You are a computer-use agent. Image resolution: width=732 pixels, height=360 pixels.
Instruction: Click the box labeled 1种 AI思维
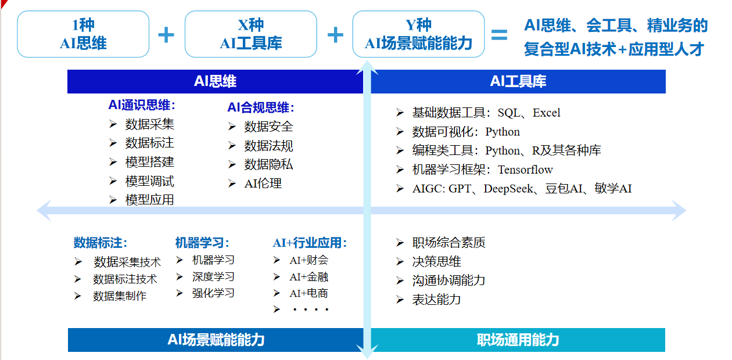point(83,34)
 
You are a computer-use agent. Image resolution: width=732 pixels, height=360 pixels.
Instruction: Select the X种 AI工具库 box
point(250,34)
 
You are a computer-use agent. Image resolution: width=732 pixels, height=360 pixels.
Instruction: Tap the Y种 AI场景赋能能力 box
point(418,34)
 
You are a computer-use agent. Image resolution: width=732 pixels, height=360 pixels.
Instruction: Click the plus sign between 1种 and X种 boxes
point(166,35)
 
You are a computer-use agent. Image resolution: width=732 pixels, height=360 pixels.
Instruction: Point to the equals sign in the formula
point(500,35)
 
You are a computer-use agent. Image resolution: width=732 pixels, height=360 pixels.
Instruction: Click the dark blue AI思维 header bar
point(215,81)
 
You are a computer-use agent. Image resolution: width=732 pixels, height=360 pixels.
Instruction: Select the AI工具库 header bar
point(518,81)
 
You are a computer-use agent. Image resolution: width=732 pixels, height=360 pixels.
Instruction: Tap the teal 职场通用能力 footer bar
point(518,340)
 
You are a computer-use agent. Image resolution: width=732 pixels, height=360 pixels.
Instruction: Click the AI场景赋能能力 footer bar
point(216,340)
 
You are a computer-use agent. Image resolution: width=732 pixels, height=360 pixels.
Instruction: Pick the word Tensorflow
point(525,170)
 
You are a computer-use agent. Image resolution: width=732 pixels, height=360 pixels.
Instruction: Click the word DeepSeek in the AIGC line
point(508,189)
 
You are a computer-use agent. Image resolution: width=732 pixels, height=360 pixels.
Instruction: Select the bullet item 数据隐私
point(268,164)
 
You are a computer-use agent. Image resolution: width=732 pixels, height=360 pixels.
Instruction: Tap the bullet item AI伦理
point(263,183)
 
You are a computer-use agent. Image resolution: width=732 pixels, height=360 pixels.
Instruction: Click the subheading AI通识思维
point(142,105)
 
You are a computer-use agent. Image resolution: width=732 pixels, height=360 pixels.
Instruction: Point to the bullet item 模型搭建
point(150,162)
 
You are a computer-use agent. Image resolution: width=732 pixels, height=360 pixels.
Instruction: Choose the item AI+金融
point(309,277)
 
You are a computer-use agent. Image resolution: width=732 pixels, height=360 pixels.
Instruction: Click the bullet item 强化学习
point(213,293)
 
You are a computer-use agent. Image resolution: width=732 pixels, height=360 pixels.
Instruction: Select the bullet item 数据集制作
point(120,296)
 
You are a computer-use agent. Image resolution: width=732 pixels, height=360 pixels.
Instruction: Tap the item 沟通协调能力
point(448,280)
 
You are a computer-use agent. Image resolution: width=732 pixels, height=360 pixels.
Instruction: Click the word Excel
point(546,113)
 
